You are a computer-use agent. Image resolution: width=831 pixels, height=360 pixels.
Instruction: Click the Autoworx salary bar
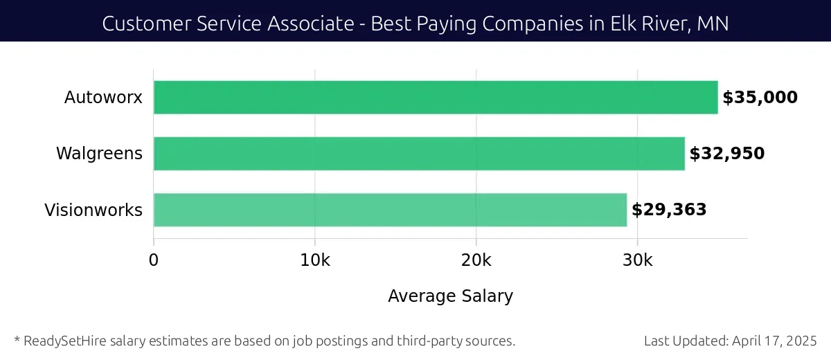click(x=435, y=98)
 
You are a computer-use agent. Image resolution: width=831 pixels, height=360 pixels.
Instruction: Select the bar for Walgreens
click(x=418, y=154)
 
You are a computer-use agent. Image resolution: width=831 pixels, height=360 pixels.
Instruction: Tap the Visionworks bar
click(x=390, y=210)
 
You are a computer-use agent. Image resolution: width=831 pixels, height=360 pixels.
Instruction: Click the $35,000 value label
click(x=760, y=98)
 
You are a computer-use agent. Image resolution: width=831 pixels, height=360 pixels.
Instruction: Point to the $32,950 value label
click(x=726, y=154)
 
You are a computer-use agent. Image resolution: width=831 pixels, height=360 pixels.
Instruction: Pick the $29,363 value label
click(x=668, y=210)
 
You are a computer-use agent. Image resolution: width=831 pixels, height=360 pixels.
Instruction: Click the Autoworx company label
click(x=103, y=98)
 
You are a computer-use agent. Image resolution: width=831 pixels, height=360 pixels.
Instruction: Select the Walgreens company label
click(x=99, y=154)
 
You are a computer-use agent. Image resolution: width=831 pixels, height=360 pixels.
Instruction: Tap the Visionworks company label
click(x=93, y=210)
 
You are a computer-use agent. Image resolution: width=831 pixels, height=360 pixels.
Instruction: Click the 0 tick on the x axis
click(x=154, y=260)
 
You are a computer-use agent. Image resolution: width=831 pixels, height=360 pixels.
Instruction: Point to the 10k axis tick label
click(x=315, y=260)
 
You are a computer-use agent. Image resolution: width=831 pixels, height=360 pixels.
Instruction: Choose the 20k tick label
click(x=476, y=260)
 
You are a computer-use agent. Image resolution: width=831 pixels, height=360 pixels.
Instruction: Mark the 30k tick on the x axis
click(x=637, y=260)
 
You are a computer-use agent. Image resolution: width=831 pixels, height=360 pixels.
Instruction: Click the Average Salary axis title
click(x=450, y=296)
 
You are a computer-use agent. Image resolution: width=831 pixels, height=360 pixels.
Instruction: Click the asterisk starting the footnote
click(x=17, y=339)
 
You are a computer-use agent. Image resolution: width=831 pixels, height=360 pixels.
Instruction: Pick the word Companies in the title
click(x=530, y=24)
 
